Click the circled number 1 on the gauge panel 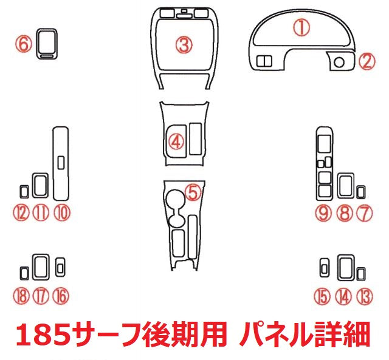pos(302,27)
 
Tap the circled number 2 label pos(366,61)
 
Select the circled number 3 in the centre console pos(184,44)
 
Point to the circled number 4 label pos(176,142)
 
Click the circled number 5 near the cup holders pos(192,192)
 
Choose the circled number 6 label pos(23,44)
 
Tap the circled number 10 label pos(61,212)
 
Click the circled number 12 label pos(22,212)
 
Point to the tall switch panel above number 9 pos(325,164)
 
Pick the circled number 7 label pos(364,212)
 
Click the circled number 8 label pos(345,212)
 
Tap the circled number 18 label pos(21,296)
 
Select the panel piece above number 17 pos(41,265)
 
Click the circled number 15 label pos(322,296)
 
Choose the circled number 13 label pos(364,296)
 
